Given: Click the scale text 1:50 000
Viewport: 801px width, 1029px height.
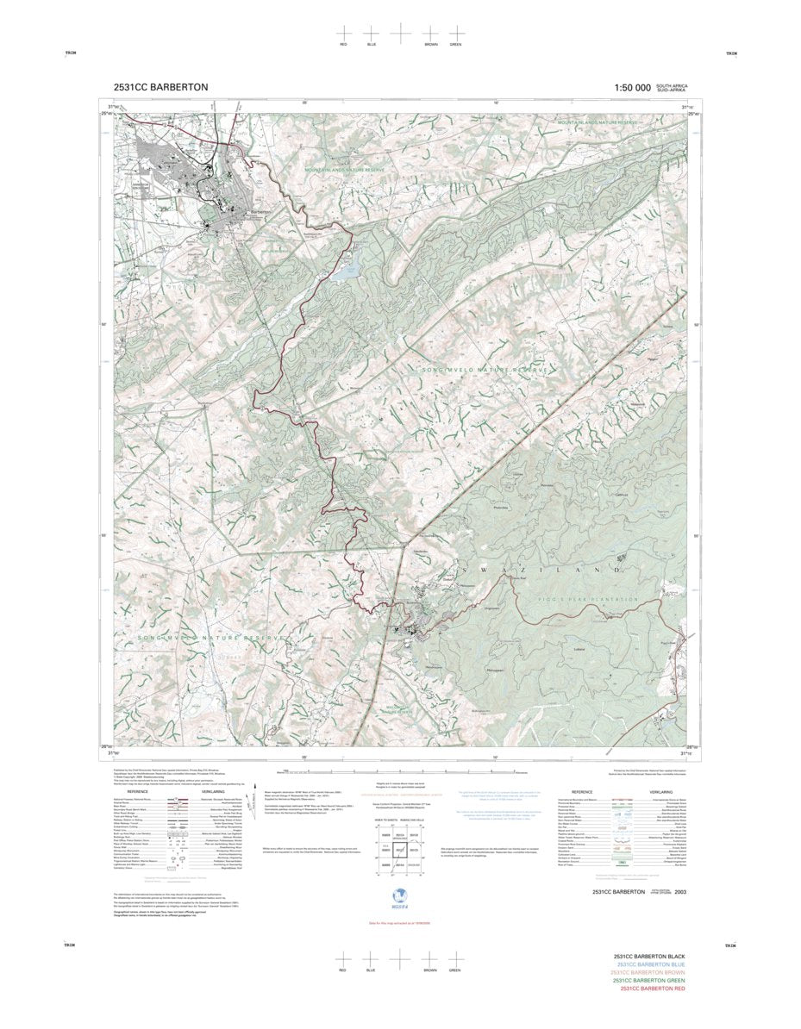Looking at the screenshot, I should [632, 87].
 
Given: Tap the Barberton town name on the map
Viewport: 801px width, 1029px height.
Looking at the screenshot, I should [260, 213].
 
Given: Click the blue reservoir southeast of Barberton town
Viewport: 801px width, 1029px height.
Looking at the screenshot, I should [346, 271].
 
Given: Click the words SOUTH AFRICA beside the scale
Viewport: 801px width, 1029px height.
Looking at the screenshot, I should [672, 85].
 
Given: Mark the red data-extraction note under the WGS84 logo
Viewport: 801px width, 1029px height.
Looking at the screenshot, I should [399, 922].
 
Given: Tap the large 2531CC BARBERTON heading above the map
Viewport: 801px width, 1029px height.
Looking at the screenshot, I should [160, 87].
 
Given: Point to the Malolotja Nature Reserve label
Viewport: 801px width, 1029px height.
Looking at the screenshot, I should [398, 710].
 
